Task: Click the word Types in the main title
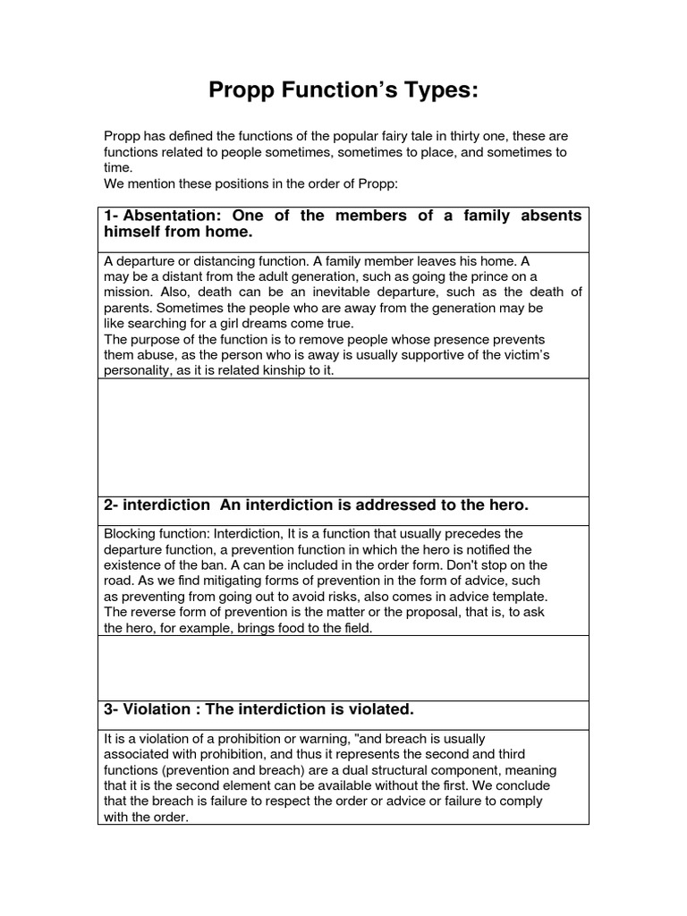[x=428, y=90]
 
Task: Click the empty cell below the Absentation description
[x=343, y=437]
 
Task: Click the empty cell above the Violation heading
[x=343, y=667]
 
